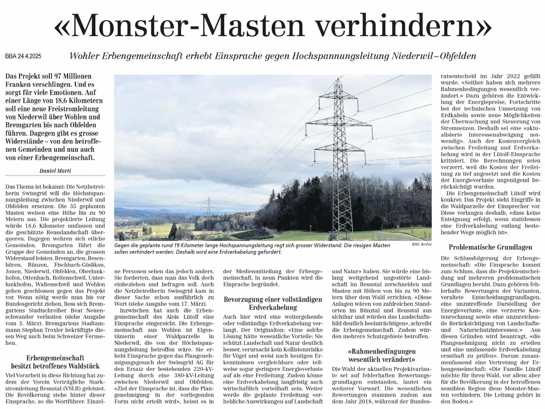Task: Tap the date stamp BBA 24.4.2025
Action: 23,56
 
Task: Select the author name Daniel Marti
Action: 55,170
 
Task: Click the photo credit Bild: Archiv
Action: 422,244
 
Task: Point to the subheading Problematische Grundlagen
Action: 490,247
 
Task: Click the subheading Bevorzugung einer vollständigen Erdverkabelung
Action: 273,304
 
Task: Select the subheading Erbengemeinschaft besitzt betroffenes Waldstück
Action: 55,362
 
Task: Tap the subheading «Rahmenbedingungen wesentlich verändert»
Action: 381,355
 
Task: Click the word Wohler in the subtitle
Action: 83,56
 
